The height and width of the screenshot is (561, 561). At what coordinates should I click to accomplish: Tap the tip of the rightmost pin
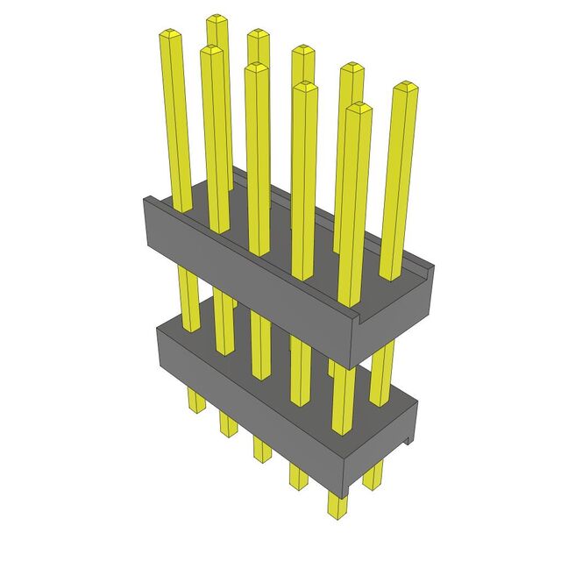click(x=404, y=88)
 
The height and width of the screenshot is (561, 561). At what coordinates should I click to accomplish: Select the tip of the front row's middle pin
click(x=257, y=67)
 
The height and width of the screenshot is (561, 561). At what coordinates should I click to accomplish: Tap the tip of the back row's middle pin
click(x=302, y=50)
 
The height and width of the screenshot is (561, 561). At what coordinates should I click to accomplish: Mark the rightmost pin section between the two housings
click(x=382, y=373)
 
